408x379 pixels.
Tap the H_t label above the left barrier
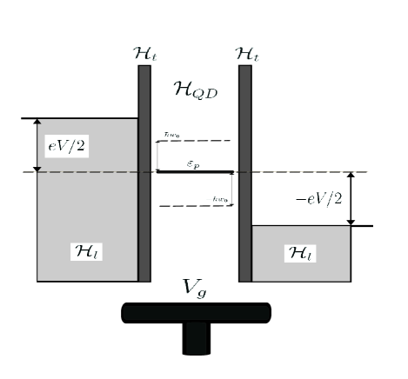[x=144, y=54]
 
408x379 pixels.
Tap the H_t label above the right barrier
[x=246, y=54]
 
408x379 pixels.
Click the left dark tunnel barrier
[x=144, y=174]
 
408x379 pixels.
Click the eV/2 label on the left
[x=66, y=146]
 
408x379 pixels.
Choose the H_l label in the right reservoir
[x=300, y=252]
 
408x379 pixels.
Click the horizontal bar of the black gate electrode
[x=196, y=312]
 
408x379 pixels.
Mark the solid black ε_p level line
[x=195, y=171]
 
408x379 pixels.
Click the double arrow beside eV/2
[x=37, y=145]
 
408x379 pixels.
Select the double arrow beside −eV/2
[x=351, y=199]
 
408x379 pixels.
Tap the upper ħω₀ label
[x=171, y=136]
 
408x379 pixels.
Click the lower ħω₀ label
[x=221, y=200]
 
